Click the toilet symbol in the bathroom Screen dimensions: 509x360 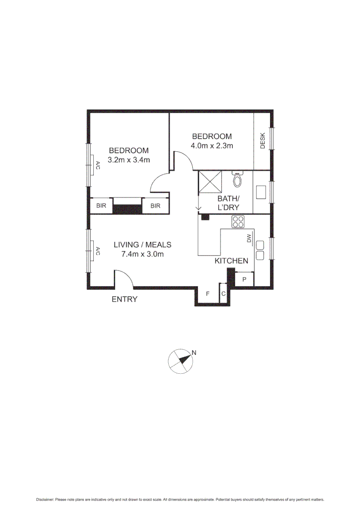237,179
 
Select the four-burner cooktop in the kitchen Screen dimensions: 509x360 237,222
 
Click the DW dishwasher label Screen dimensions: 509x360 249,239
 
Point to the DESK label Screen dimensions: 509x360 263,140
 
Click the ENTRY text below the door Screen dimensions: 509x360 124,299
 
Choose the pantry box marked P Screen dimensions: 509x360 245,279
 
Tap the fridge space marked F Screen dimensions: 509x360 207,294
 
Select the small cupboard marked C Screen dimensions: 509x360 223,294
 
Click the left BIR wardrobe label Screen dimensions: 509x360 101,206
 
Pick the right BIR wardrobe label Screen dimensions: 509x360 155,206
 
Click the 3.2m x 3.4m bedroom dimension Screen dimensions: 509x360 129,160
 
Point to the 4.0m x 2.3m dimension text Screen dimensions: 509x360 212,146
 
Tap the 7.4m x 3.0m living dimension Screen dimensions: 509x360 142,254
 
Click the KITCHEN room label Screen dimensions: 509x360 231,261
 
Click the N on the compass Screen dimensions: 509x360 193,352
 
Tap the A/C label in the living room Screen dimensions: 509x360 98,251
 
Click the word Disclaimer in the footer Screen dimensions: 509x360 45,500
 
